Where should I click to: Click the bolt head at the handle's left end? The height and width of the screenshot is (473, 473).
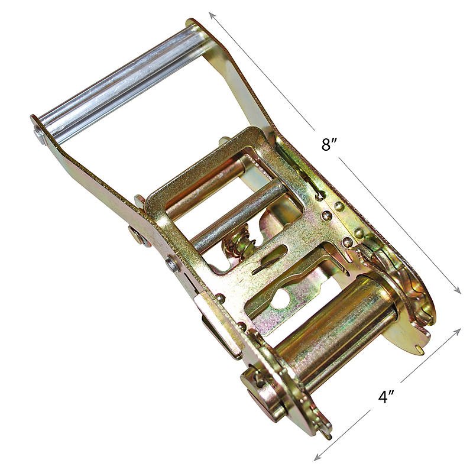(x=38, y=135)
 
